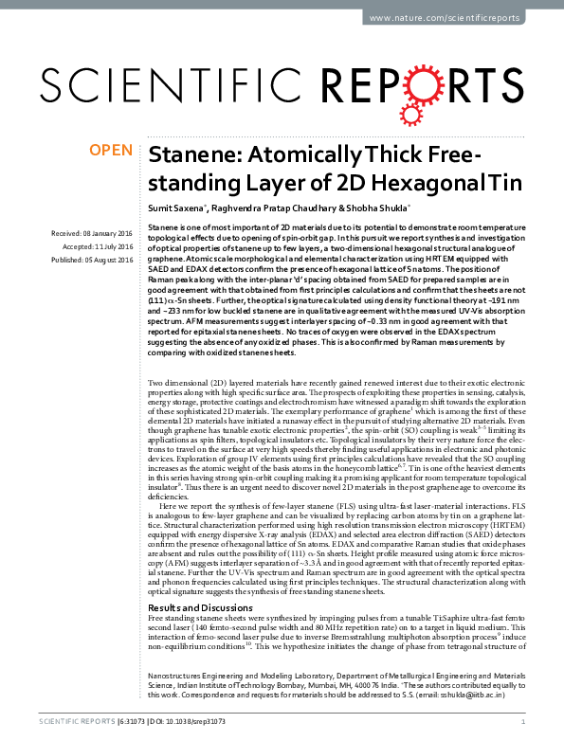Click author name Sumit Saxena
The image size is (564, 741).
tap(176, 206)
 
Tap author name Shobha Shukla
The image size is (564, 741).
tap(374, 206)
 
